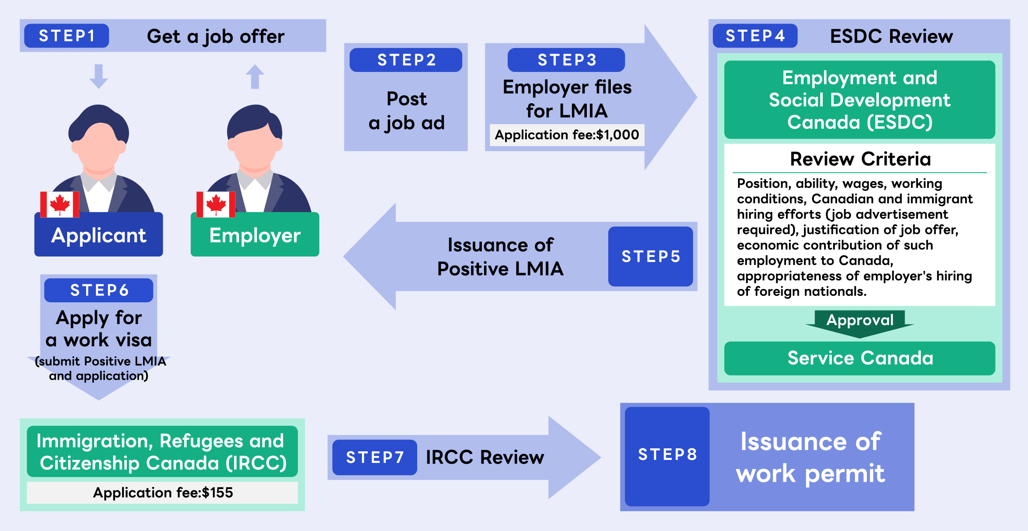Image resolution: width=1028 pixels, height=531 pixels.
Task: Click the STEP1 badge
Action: click(66, 36)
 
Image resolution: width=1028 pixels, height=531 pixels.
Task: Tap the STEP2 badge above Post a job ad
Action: click(406, 60)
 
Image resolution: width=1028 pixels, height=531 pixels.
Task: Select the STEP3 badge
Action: click(566, 60)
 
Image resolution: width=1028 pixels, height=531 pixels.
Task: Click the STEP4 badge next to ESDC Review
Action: click(755, 36)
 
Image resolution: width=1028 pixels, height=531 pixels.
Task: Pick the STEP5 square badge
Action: click(650, 256)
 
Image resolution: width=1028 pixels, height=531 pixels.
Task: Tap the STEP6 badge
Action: click(99, 290)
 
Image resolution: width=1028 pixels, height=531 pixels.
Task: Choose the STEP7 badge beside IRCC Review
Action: click(375, 457)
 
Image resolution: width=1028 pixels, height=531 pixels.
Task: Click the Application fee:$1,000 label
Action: click(567, 135)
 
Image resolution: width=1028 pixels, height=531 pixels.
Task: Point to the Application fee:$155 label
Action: click(163, 493)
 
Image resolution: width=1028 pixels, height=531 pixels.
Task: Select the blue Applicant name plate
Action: click(99, 236)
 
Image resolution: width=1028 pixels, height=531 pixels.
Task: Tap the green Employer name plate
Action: click(255, 236)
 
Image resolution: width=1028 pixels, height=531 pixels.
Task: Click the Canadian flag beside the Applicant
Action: click(60, 204)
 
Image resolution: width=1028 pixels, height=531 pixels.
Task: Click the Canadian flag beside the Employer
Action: click(216, 204)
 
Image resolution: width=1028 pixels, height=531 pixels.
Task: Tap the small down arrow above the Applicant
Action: click(99, 76)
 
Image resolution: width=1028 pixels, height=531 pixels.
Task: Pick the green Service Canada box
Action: click(860, 358)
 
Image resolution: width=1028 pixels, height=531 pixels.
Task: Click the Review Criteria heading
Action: click(860, 159)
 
